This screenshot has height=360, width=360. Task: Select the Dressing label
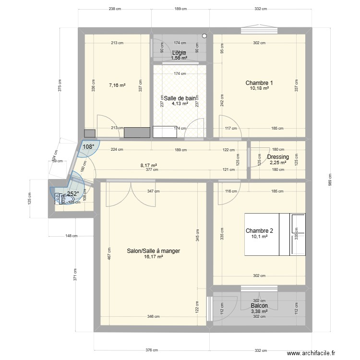(278, 157)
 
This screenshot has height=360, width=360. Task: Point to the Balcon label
(259, 305)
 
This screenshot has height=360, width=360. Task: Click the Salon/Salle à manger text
(153, 251)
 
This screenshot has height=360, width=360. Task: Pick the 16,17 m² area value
(153, 257)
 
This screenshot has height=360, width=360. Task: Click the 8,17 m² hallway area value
(149, 165)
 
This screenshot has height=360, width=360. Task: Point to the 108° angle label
(88, 147)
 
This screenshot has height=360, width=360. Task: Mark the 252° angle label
(73, 194)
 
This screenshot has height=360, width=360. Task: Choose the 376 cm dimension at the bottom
(153, 350)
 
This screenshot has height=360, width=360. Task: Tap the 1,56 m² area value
(180, 58)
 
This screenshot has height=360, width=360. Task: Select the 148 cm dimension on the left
(71, 236)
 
